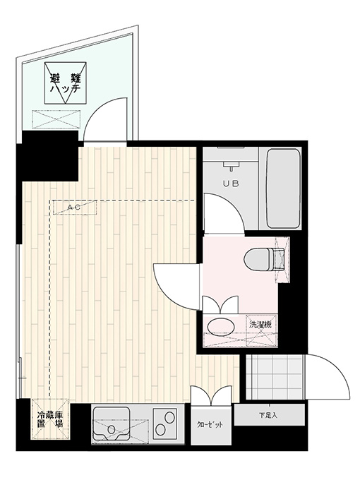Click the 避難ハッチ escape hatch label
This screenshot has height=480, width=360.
click(66, 83)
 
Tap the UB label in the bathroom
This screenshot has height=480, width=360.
click(231, 184)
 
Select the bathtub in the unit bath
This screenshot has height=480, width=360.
click(283, 188)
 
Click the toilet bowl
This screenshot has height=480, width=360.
click(260, 260)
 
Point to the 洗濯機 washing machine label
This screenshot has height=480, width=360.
click(260, 324)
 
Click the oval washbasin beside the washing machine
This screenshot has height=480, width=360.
click(221, 326)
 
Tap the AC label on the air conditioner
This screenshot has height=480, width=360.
click(74, 208)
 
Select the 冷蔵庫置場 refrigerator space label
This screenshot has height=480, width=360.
click(50, 419)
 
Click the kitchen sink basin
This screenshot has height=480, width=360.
click(112, 425)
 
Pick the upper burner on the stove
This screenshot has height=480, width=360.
click(169, 417)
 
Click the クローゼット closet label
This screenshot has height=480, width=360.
click(210, 425)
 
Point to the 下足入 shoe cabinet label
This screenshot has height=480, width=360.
click(268, 415)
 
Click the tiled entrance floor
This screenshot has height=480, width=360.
click(275, 377)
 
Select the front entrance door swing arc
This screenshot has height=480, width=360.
click(336, 367)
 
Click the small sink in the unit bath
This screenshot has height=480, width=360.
click(232, 165)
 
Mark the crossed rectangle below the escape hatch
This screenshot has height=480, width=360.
click(55, 119)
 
